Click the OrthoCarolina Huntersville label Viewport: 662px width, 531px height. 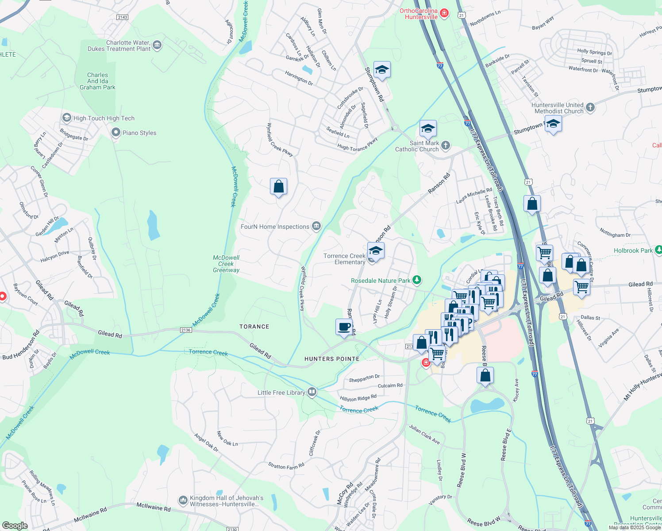click(x=419, y=14)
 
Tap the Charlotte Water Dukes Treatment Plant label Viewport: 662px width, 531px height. click(x=119, y=46)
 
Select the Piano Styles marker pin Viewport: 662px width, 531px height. click(x=116, y=132)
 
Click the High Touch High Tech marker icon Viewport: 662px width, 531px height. click(x=67, y=118)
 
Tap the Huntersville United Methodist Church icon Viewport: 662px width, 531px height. click(x=590, y=107)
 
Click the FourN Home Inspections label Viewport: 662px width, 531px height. click(x=275, y=227)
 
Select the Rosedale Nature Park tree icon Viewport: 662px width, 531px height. click(x=416, y=280)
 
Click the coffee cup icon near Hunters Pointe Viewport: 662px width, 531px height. click(x=344, y=327)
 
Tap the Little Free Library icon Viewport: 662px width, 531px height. click(x=312, y=392)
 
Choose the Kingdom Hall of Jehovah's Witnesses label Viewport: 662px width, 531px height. click(x=226, y=501)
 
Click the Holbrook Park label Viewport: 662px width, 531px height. click(x=633, y=250)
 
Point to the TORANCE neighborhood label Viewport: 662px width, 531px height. click(x=254, y=327)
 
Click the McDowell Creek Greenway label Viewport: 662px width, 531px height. click(x=226, y=264)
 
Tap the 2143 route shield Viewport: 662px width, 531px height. click(x=122, y=17)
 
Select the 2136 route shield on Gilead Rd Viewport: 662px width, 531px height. click(x=186, y=330)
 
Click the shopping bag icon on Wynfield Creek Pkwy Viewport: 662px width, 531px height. click(x=278, y=187)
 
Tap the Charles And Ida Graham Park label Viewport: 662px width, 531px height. click(x=97, y=81)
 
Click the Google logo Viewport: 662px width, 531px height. click(x=15, y=525)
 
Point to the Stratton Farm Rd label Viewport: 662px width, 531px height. click(x=286, y=466)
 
